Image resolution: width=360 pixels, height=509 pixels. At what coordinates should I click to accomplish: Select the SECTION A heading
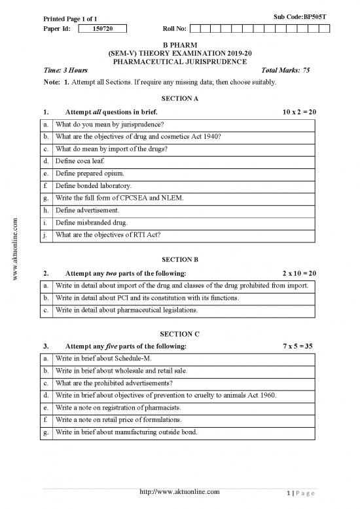coord(179,98)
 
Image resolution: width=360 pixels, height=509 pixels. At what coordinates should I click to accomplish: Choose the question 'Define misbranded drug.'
coord(92,223)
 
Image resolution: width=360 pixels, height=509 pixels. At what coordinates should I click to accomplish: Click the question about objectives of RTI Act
coord(109,235)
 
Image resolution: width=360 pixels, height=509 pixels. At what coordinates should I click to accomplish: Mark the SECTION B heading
coord(179,259)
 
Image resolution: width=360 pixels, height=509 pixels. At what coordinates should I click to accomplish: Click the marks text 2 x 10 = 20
coord(299,273)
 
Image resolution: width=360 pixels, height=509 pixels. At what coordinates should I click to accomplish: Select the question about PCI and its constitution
coord(147,298)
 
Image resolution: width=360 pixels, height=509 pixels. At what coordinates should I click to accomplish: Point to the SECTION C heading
coord(179,334)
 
